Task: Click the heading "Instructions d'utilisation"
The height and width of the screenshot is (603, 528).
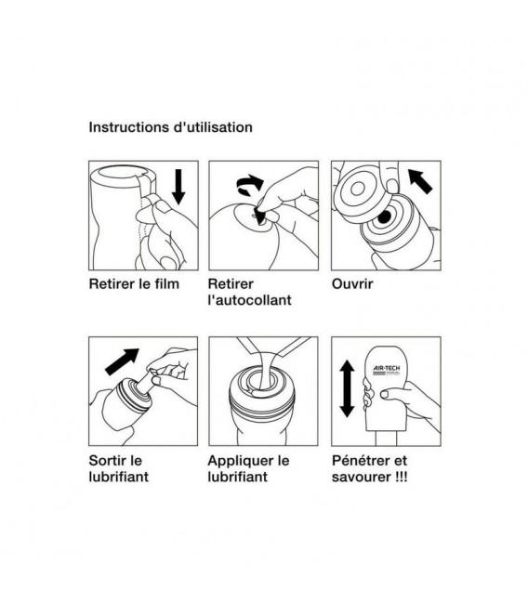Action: click(170, 127)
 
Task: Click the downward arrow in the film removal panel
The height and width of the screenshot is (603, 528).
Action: click(178, 187)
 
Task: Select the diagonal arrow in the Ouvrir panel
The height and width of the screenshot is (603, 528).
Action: click(420, 181)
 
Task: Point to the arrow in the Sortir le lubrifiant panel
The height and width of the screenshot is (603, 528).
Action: click(122, 361)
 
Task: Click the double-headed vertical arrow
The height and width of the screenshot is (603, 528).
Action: click(347, 388)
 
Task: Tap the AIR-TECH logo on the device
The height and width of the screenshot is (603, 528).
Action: click(387, 370)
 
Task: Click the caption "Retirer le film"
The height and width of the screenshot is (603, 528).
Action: click(134, 284)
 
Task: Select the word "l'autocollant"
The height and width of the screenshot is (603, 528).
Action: click(249, 300)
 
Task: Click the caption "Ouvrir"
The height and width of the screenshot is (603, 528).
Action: click(352, 284)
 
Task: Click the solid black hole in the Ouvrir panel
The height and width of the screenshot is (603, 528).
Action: click(384, 217)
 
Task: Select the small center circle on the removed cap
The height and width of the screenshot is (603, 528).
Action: click(358, 189)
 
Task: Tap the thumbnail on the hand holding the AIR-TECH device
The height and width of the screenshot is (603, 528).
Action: click(385, 394)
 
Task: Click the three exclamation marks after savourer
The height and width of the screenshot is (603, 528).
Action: click(401, 477)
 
